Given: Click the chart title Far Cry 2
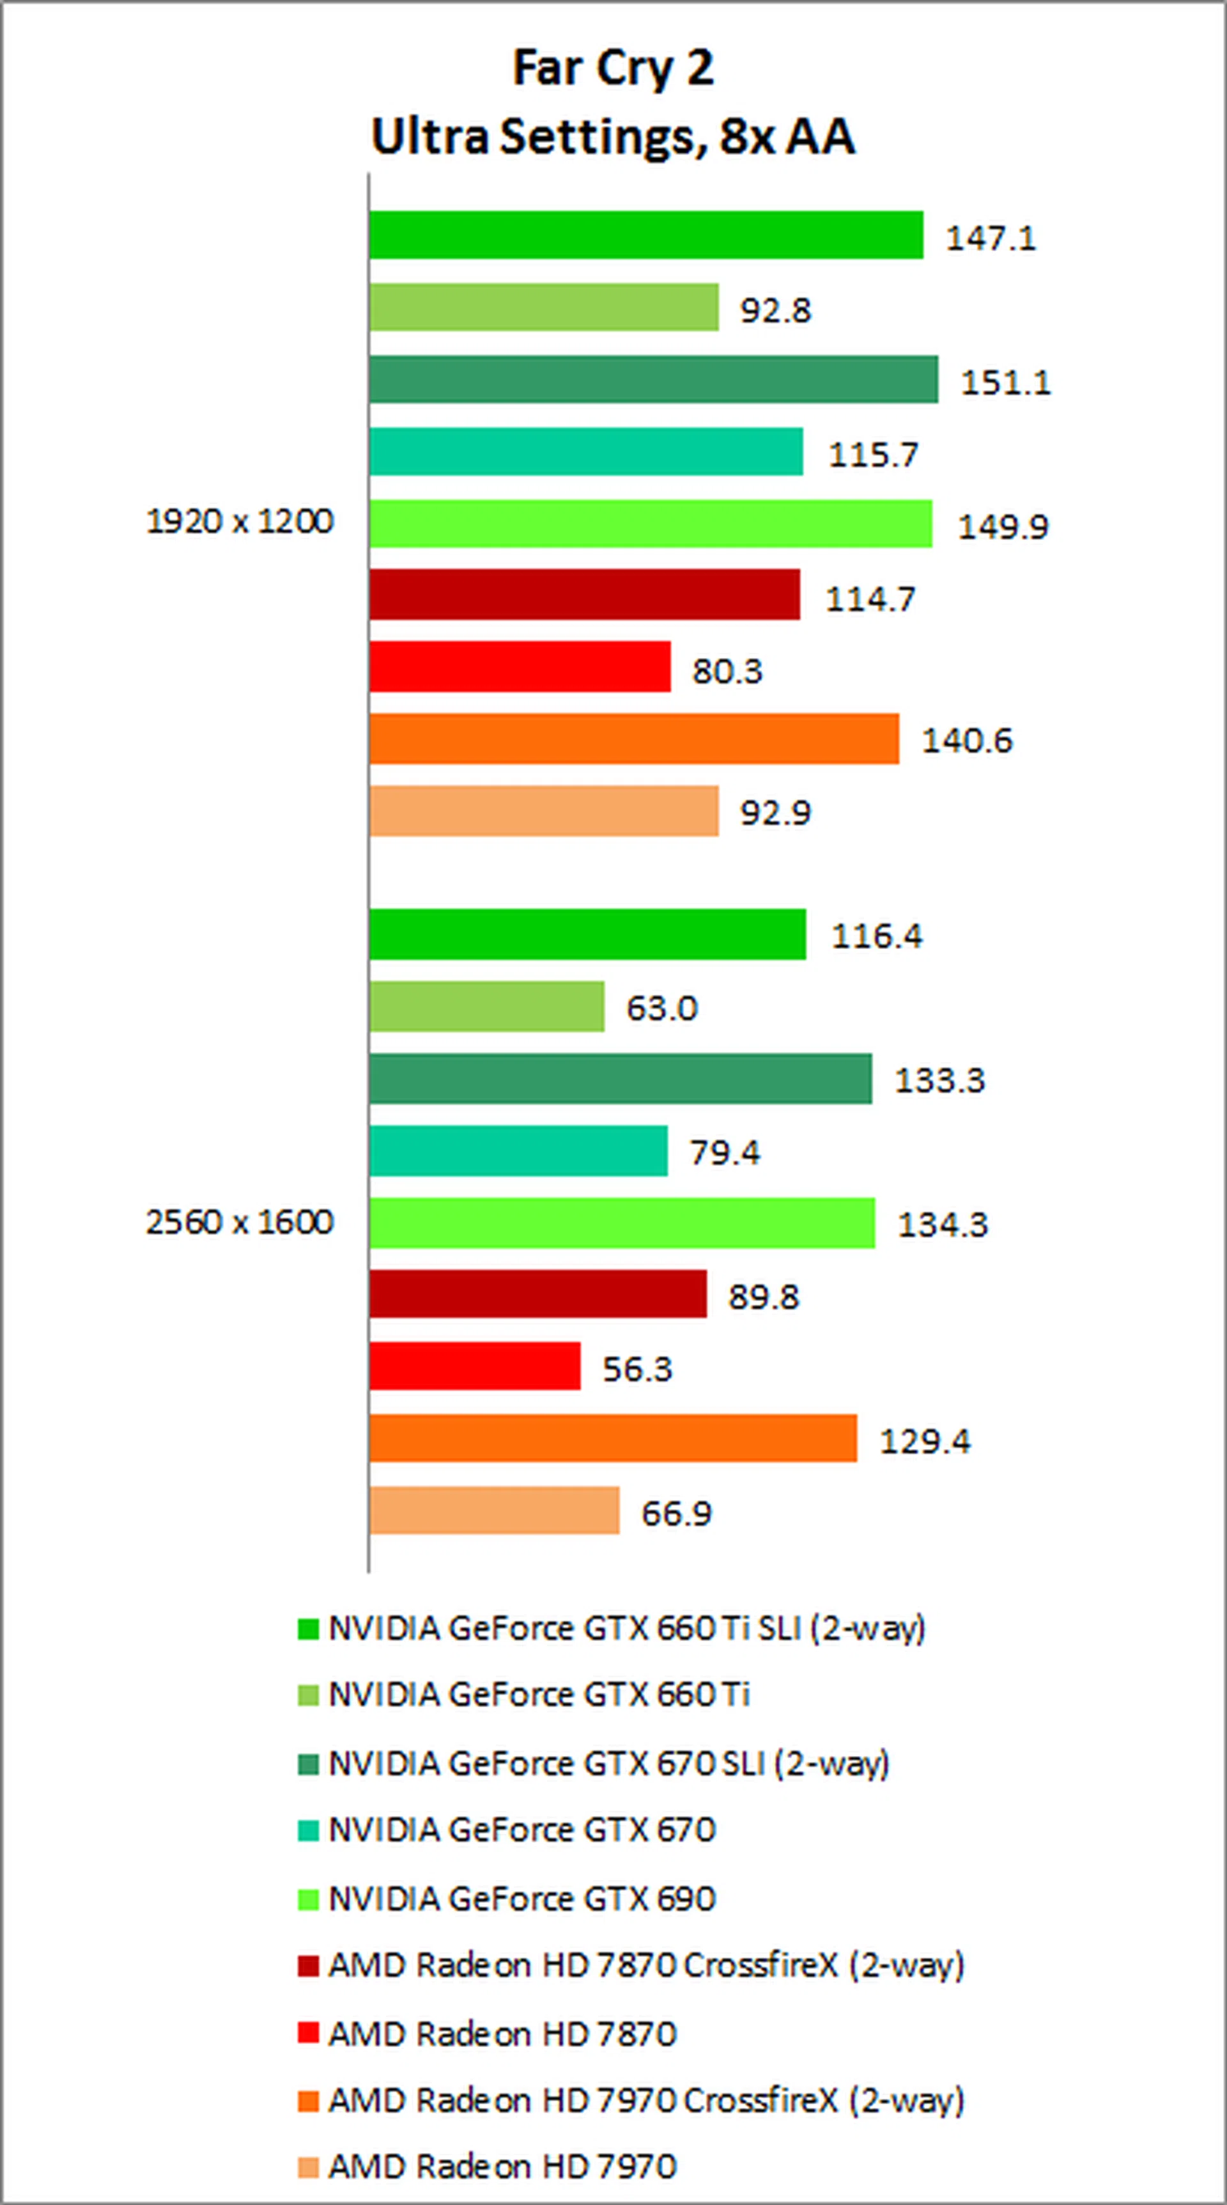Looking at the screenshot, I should point(613,68).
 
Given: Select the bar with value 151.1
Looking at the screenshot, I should point(654,379).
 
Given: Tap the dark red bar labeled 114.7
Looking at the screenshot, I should point(584,595).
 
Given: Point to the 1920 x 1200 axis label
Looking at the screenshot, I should point(240,521).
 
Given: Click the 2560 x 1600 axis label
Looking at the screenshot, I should point(240,1221).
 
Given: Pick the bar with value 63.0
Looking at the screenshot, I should point(487,1007).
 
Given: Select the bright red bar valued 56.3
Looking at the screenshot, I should point(475,1366).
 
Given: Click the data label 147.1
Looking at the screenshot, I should point(990,237).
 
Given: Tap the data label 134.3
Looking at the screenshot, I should point(942,1224).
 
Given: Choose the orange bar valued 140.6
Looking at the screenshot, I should point(634,739).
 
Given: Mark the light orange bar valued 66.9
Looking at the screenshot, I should point(495,1511).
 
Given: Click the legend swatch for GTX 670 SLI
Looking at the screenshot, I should point(308,1763).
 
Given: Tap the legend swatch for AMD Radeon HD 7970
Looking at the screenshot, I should point(308,2167).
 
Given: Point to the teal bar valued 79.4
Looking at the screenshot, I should point(518,1150).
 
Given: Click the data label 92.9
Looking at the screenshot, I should point(775,812).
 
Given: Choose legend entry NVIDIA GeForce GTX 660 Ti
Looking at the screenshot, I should point(539,1695).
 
